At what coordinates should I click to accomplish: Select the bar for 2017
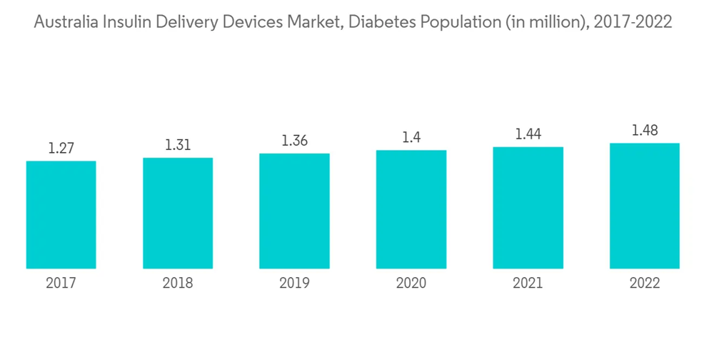click(x=61, y=215)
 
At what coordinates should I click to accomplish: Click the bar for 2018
click(x=178, y=214)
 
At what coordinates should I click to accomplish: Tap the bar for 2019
click(x=294, y=211)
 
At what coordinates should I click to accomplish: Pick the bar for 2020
click(x=411, y=209)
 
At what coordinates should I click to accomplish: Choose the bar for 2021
click(x=528, y=208)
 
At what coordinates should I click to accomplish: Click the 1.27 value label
click(x=61, y=149)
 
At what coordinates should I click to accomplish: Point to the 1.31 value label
click(x=178, y=145)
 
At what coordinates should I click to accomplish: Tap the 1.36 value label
click(x=294, y=141)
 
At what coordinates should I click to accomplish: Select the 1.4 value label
click(x=411, y=138)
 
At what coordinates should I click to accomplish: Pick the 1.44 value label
click(x=528, y=134)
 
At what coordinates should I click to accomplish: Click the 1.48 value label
click(x=645, y=131)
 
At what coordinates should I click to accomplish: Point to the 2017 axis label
click(x=61, y=284)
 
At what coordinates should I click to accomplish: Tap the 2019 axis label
click(x=294, y=284)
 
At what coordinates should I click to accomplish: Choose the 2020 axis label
click(x=411, y=284)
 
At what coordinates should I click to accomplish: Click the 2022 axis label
click(x=645, y=284)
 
